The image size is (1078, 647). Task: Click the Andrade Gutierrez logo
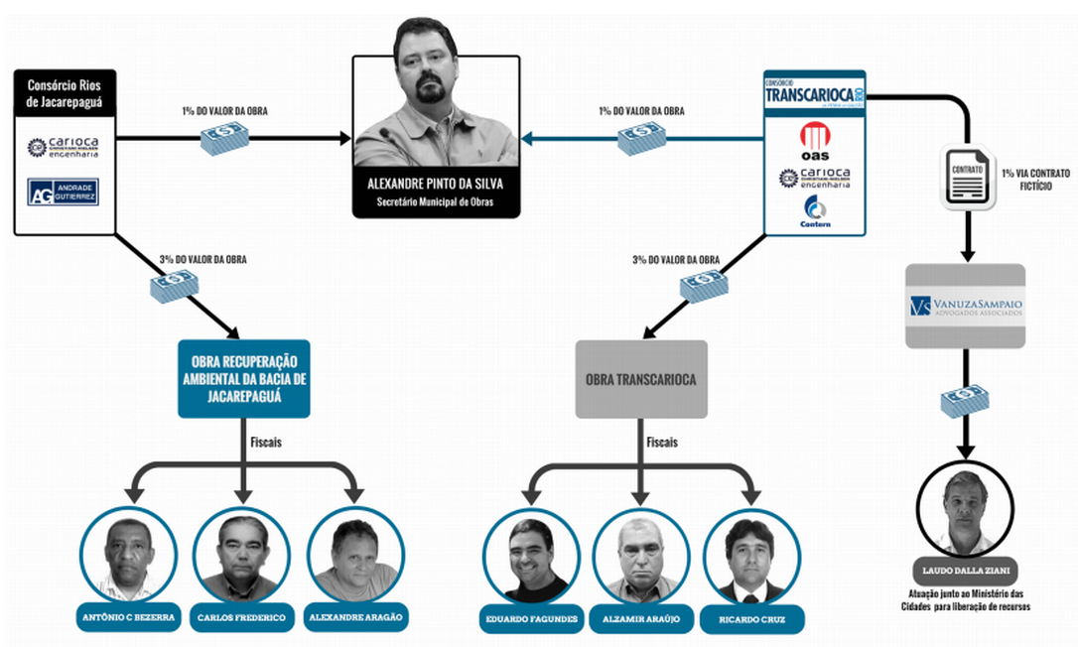pos(64,192)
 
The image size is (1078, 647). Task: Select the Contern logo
pos(815,210)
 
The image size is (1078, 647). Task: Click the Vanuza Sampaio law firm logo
pos(964,305)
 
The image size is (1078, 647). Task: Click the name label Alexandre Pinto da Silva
pos(435,184)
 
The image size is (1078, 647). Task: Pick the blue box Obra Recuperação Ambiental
pos(243,378)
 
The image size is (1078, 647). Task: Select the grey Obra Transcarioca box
pos(640,379)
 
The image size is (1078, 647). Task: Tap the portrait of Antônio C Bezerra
pos(128,556)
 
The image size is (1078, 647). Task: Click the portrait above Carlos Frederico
pos(241,556)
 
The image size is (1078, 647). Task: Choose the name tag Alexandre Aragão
pos(355,617)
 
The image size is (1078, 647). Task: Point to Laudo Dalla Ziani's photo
pos(964,511)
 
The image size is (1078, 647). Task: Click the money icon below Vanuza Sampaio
pos(964,400)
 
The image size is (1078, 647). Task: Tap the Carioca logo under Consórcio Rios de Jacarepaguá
pos(64,147)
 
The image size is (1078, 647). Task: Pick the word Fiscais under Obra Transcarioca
pos(662,443)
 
